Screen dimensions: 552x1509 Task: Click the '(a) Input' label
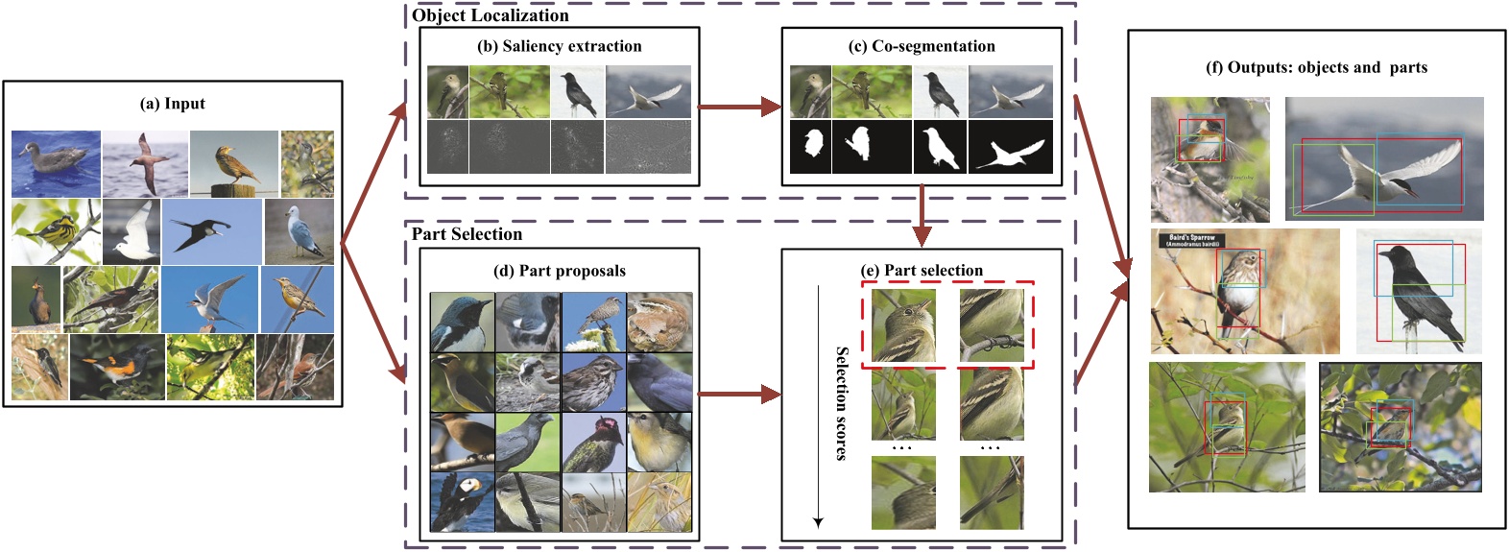(x=173, y=104)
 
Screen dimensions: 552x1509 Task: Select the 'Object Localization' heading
(x=491, y=15)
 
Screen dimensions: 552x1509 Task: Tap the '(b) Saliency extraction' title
(x=559, y=46)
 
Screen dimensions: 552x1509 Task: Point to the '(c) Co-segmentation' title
(x=922, y=46)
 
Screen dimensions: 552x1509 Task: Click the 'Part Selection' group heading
(x=467, y=234)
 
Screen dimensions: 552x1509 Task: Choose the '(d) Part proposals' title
(x=559, y=271)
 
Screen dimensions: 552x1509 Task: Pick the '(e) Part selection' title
(x=922, y=271)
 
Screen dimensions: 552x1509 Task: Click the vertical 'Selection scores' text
(x=842, y=403)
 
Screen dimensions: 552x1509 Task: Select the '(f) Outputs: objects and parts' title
(x=1316, y=67)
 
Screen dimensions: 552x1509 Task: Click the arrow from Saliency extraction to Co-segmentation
(x=739, y=107)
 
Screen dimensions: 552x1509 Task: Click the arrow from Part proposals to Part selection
(x=739, y=394)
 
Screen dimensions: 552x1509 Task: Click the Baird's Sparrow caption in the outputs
(x=1192, y=240)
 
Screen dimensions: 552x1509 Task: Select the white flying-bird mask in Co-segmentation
(x=1011, y=150)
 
